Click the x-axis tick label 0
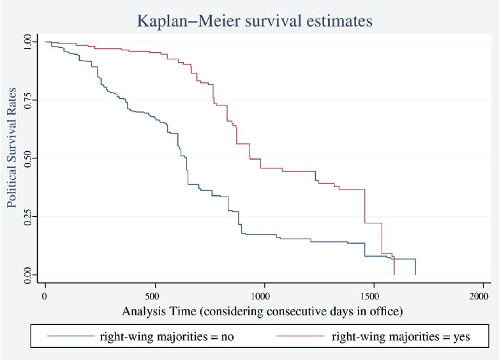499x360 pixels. pyautogui.click(x=45, y=296)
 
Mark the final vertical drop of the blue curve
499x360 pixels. pyautogui.click(x=415, y=267)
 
